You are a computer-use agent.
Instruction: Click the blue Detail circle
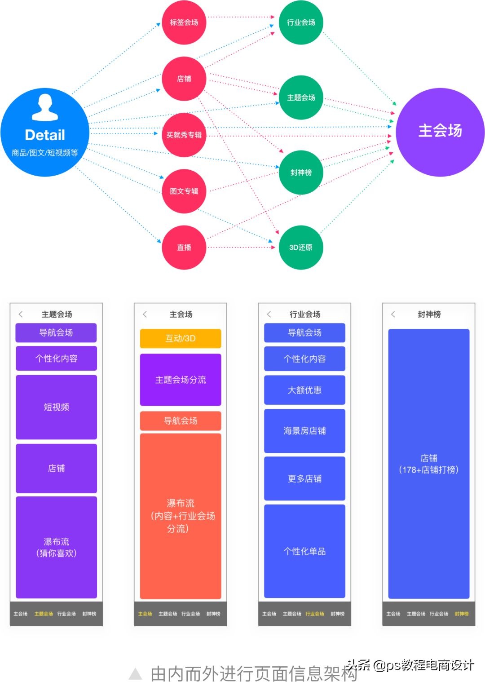coord(45,132)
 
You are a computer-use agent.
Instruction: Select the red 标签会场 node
coord(184,22)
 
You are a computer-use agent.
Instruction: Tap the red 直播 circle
coord(184,247)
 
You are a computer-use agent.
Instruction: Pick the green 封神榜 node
coord(301,173)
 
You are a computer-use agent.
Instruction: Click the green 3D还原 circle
coord(301,247)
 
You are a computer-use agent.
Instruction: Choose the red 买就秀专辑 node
coord(184,135)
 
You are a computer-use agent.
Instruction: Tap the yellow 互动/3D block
coord(181,338)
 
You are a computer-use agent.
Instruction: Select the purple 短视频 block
coord(57,407)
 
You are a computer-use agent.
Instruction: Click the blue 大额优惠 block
coord(304,390)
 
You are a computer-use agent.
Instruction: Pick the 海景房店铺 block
coord(304,431)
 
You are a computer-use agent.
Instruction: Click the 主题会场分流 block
coord(181,380)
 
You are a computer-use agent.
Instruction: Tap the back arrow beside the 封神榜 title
coord(393,314)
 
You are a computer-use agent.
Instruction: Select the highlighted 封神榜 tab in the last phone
coord(462,614)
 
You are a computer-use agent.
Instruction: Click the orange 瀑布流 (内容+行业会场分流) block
coord(181,516)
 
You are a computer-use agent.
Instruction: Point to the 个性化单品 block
coord(304,551)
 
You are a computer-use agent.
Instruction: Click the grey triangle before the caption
coord(135,673)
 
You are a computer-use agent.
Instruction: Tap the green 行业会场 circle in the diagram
coord(301,22)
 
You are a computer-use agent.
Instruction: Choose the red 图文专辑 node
coord(184,191)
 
